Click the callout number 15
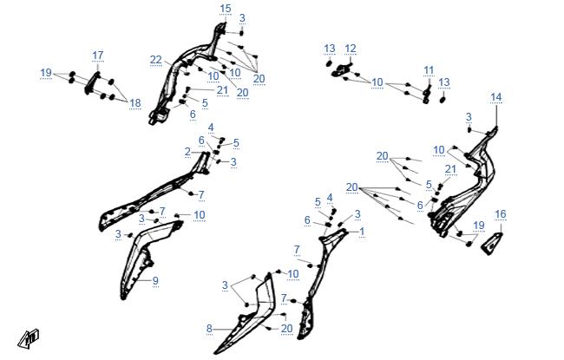[226, 9]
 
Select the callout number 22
[155, 60]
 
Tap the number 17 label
[98, 56]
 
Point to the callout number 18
[134, 103]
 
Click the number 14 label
[496, 97]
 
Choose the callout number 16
[501, 214]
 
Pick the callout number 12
[351, 49]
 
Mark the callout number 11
[429, 70]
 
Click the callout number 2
[187, 152]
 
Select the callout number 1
[362, 232]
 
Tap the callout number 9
[155, 280]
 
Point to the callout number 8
[209, 329]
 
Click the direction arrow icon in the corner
[29, 339]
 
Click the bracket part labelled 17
[91, 83]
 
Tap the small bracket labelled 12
[342, 69]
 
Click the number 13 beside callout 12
[330, 49]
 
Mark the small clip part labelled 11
[427, 93]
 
